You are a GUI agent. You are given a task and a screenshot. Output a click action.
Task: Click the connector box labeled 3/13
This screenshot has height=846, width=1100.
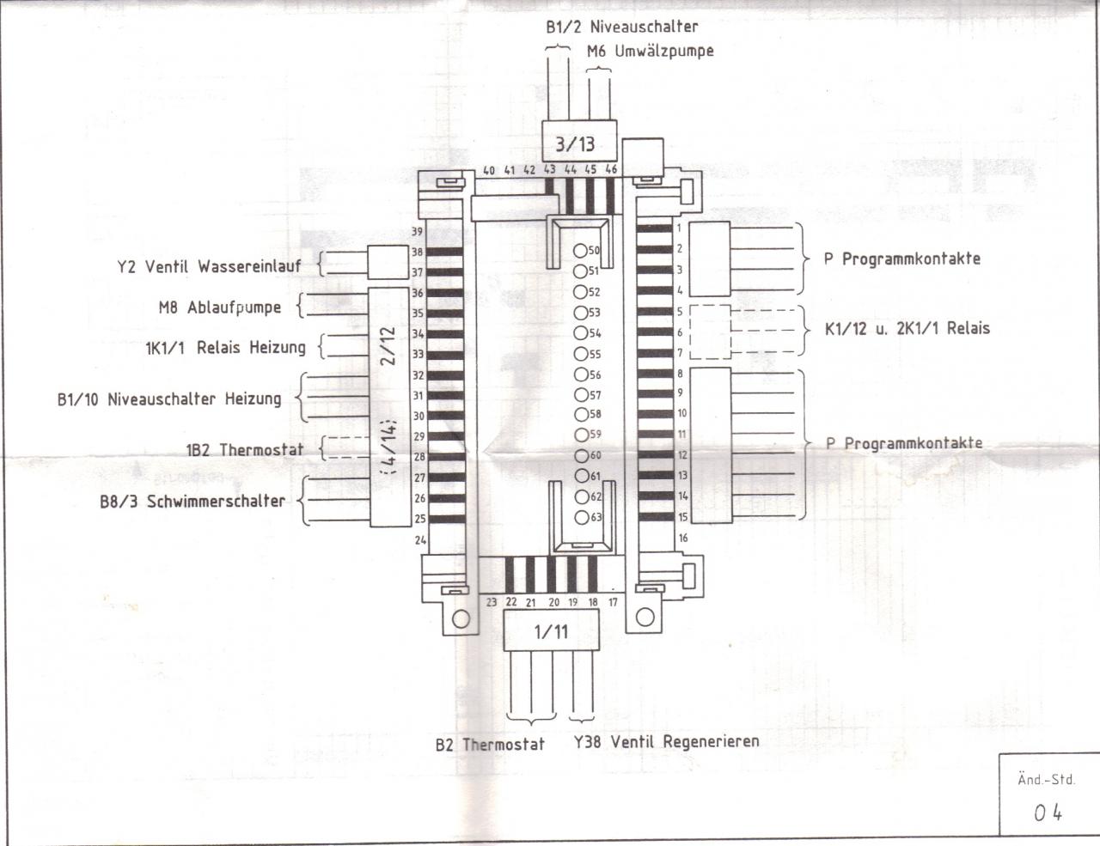click(x=574, y=143)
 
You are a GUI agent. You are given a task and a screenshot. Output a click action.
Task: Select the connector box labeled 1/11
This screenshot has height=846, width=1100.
click(x=551, y=632)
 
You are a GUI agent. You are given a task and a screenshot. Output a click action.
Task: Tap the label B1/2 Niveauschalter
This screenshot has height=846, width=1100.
click(x=622, y=27)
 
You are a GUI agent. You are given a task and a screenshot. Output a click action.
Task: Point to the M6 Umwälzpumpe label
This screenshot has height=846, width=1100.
click(x=650, y=51)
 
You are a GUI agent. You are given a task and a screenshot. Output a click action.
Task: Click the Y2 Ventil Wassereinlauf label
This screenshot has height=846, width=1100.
click(x=209, y=266)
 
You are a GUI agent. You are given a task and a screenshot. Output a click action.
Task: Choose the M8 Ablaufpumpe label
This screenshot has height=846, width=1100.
click(x=220, y=307)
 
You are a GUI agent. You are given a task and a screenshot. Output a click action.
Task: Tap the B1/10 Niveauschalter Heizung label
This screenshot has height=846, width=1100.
click(x=169, y=399)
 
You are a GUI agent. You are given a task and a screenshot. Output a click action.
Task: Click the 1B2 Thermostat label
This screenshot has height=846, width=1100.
click(x=244, y=449)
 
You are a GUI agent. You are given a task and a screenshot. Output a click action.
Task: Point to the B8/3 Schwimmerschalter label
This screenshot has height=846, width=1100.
click(x=192, y=501)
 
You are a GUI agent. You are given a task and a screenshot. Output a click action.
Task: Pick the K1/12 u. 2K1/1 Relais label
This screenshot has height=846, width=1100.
click(x=907, y=328)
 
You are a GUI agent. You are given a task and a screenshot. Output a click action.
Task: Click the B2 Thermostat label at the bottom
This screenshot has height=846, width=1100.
click(x=490, y=744)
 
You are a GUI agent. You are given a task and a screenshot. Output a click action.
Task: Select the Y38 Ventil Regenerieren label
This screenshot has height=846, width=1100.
click(x=666, y=740)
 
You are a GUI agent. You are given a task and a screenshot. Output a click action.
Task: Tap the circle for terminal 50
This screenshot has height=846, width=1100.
click(x=581, y=251)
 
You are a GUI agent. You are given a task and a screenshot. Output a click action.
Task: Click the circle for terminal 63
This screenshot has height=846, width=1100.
click(x=582, y=517)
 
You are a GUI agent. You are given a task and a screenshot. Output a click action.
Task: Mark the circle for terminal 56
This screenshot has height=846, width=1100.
click(x=582, y=374)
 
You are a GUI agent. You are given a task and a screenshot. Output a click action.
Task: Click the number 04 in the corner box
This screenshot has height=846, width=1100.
click(x=1048, y=812)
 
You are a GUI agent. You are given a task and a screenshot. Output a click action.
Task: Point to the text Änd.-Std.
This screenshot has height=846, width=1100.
click(x=1046, y=780)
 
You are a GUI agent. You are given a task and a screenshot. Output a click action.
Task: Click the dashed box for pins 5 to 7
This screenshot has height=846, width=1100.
click(x=710, y=331)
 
